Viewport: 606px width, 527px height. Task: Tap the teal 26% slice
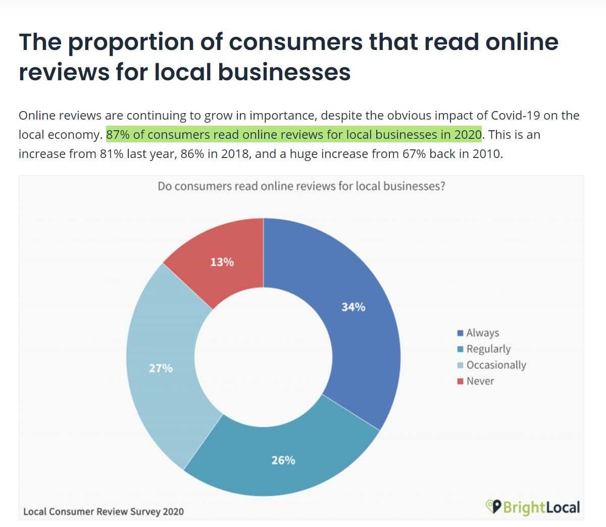pyautogui.click(x=283, y=454)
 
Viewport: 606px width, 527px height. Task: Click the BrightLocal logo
pyautogui.click(x=533, y=507)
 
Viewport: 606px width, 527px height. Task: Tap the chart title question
pyautogui.click(x=301, y=186)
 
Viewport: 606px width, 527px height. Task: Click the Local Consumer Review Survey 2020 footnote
pyautogui.click(x=104, y=511)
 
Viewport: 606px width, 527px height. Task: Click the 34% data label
pyautogui.click(x=353, y=307)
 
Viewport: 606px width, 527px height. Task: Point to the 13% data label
pyautogui.click(x=222, y=262)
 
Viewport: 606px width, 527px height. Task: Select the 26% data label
pyautogui.click(x=283, y=460)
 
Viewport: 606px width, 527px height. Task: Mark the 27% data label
pyautogui.click(x=161, y=368)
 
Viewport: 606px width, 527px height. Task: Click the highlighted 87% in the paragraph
pyautogui.click(x=118, y=135)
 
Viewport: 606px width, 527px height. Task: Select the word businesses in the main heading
pyautogui.click(x=284, y=72)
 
